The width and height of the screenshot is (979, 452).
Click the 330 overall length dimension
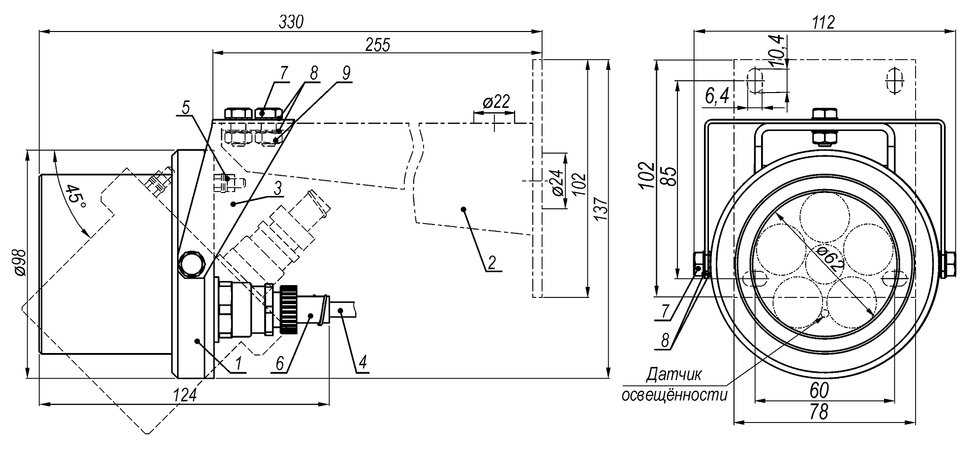(x=291, y=22)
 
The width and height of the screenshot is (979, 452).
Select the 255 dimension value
(x=377, y=45)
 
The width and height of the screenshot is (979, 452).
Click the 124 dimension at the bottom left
(x=185, y=395)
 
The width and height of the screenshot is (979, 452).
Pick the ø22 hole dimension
(x=495, y=102)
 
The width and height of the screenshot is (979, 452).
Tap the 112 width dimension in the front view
(x=824, y=22)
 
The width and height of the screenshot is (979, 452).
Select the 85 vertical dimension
(x=670, y=176)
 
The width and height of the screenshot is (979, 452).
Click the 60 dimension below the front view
(x=819, y=390)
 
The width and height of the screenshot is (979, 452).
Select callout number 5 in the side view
(x=185, y=107)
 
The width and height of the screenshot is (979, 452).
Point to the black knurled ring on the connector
(x=289, y=310)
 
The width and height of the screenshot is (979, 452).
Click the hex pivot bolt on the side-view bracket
(x=191, y=264)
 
